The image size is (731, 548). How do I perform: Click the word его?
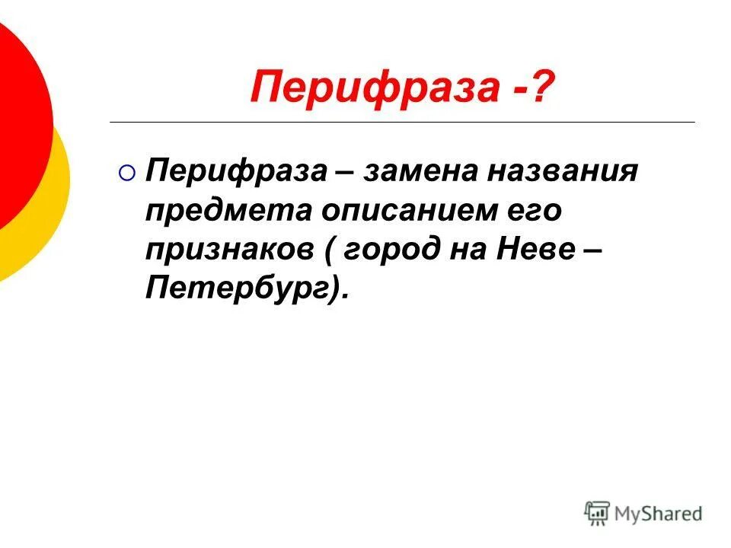click(x=536, y=212)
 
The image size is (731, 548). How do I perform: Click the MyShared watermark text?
click(x=658, y=514)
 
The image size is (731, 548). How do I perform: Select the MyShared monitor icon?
click(x=597, y=514)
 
